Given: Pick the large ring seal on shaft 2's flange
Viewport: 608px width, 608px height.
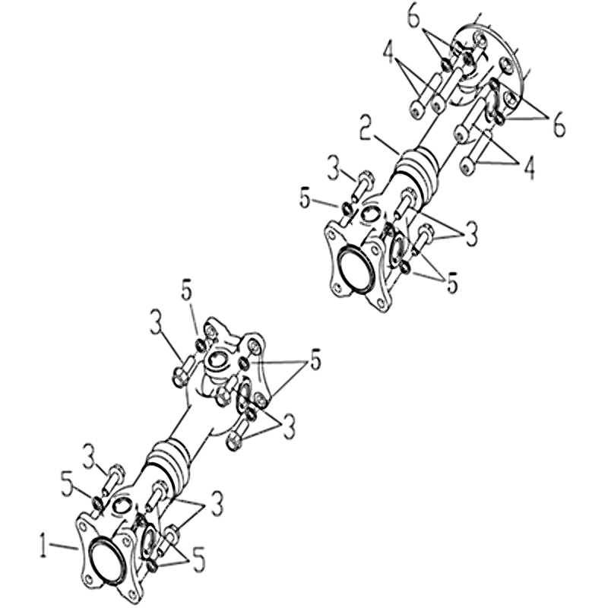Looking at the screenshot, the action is point(355,268).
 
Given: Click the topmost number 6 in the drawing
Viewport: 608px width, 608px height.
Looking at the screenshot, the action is point(414,17).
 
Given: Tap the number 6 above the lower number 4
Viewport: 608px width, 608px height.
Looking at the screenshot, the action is point(559,125).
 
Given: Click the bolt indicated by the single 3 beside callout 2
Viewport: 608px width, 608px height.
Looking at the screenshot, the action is point(362,187).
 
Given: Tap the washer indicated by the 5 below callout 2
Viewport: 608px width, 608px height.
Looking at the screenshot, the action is point(347,209).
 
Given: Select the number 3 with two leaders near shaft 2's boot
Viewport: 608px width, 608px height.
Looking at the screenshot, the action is point(470,233).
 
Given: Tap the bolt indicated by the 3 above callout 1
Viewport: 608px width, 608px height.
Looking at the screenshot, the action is point(111,480).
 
